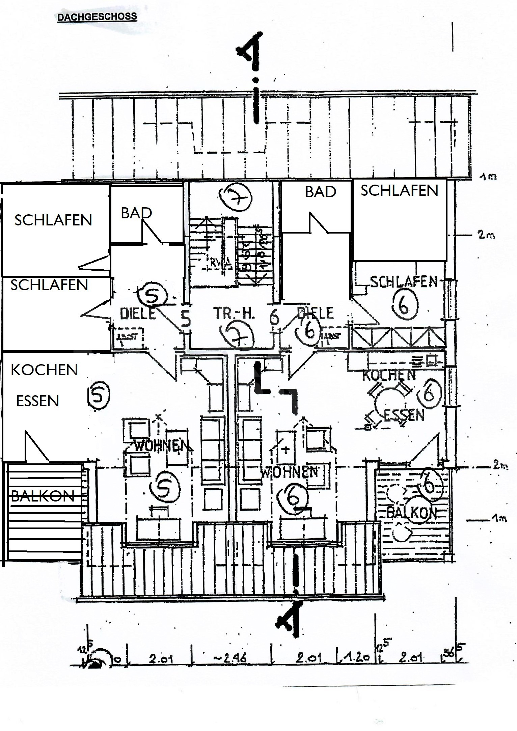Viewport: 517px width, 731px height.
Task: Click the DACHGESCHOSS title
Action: click(97, 17)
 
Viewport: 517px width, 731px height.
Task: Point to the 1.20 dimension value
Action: click(357, 657)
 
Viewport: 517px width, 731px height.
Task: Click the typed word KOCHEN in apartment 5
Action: click(44, 370)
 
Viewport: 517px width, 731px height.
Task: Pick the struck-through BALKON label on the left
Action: click(43, 496)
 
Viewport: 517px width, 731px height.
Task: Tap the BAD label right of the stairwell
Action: click(321, 192)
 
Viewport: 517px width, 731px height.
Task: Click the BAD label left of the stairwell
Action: click(136, 213)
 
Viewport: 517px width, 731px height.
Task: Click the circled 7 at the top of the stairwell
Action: click(235, 197)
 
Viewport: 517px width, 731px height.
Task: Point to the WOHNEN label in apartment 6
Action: click(290, 471)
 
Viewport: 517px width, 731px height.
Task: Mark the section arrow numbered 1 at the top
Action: click(253, 51)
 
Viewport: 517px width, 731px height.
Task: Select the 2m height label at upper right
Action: click(486, 235)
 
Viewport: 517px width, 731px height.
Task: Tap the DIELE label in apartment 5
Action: click(138, 314)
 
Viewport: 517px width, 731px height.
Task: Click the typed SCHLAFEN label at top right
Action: click(399, 191)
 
